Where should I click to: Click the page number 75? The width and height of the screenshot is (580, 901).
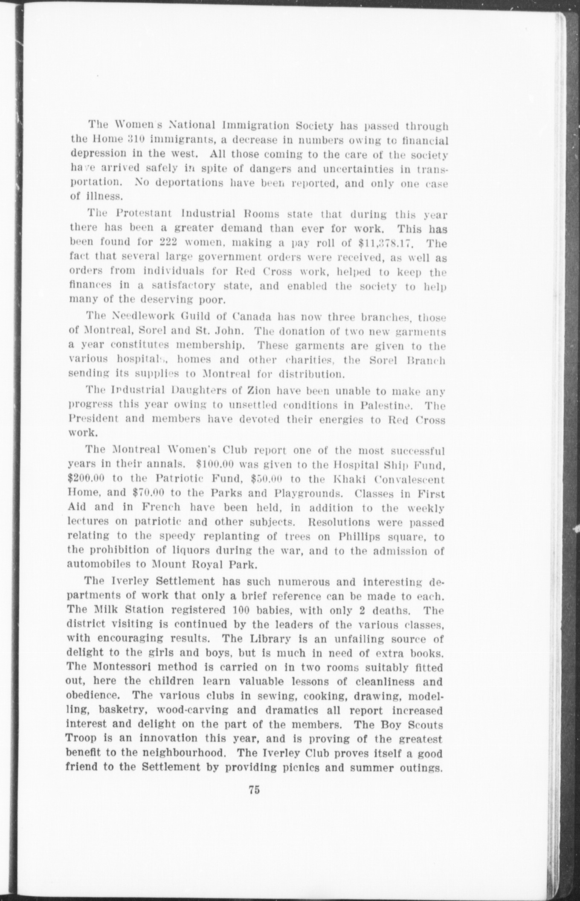(254, 790)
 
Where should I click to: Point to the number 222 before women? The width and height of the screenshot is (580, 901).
(162, 243)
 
